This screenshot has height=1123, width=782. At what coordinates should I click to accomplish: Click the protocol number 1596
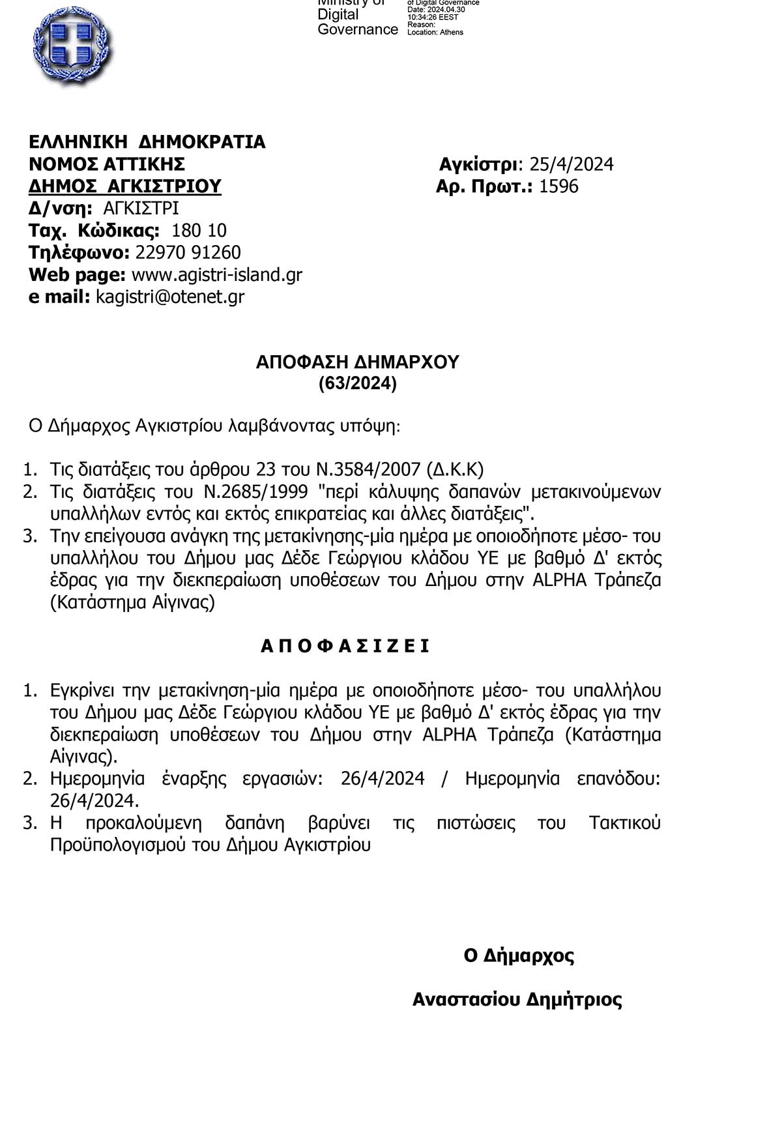[x=559, y=186]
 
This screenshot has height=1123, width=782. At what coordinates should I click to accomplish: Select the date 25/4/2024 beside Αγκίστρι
[x=572, y=164]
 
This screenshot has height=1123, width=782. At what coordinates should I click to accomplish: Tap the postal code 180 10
[x=199, y=231]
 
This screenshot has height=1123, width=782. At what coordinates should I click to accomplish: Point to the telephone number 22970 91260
[x=188, y=253]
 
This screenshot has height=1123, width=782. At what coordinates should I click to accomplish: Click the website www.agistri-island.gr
[x=217, y=275]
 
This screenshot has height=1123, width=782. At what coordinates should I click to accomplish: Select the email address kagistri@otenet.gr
[x=170, y=297]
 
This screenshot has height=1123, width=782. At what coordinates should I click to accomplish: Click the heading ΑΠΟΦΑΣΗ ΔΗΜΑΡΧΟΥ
[x=358, y=362]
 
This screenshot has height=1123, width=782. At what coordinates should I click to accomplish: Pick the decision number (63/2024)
[x=358, y=384]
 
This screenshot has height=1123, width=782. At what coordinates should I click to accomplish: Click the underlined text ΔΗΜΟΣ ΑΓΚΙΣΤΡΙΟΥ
[x=125, y=186]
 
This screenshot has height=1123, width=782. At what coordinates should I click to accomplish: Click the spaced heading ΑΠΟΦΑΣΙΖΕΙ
[x=345, y=646]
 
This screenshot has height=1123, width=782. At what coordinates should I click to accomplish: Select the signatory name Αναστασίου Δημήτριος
[x=517, y=1000]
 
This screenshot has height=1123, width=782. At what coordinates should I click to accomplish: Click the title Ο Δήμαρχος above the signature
[x=519, y=956]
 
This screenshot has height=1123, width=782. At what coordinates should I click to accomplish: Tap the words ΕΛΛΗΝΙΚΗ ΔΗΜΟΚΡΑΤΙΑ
[x=147, y=142]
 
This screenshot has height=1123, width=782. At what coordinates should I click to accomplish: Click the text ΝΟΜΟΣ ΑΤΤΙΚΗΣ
[x=107, y=164]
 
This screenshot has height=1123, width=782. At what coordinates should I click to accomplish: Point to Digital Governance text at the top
[x=357, y=22]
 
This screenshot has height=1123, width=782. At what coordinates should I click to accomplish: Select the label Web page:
[x=77, y=275]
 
